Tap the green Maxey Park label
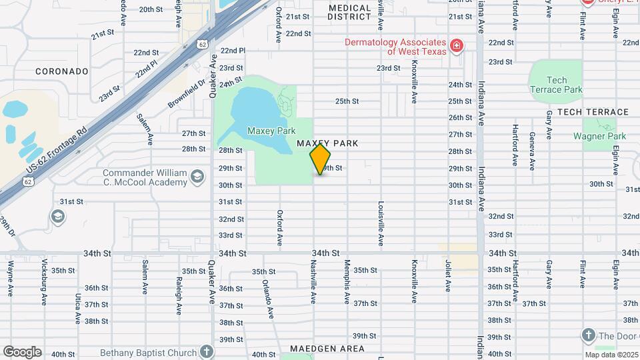[271, 131]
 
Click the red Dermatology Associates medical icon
[457, 46]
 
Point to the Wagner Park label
[599, 136]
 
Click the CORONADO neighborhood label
[61, 71]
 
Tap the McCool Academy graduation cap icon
[196, 177]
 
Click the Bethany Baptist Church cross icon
[207, 352]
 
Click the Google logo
[22, 352]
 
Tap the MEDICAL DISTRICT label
[350, 12]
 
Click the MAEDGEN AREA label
[327, 349]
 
